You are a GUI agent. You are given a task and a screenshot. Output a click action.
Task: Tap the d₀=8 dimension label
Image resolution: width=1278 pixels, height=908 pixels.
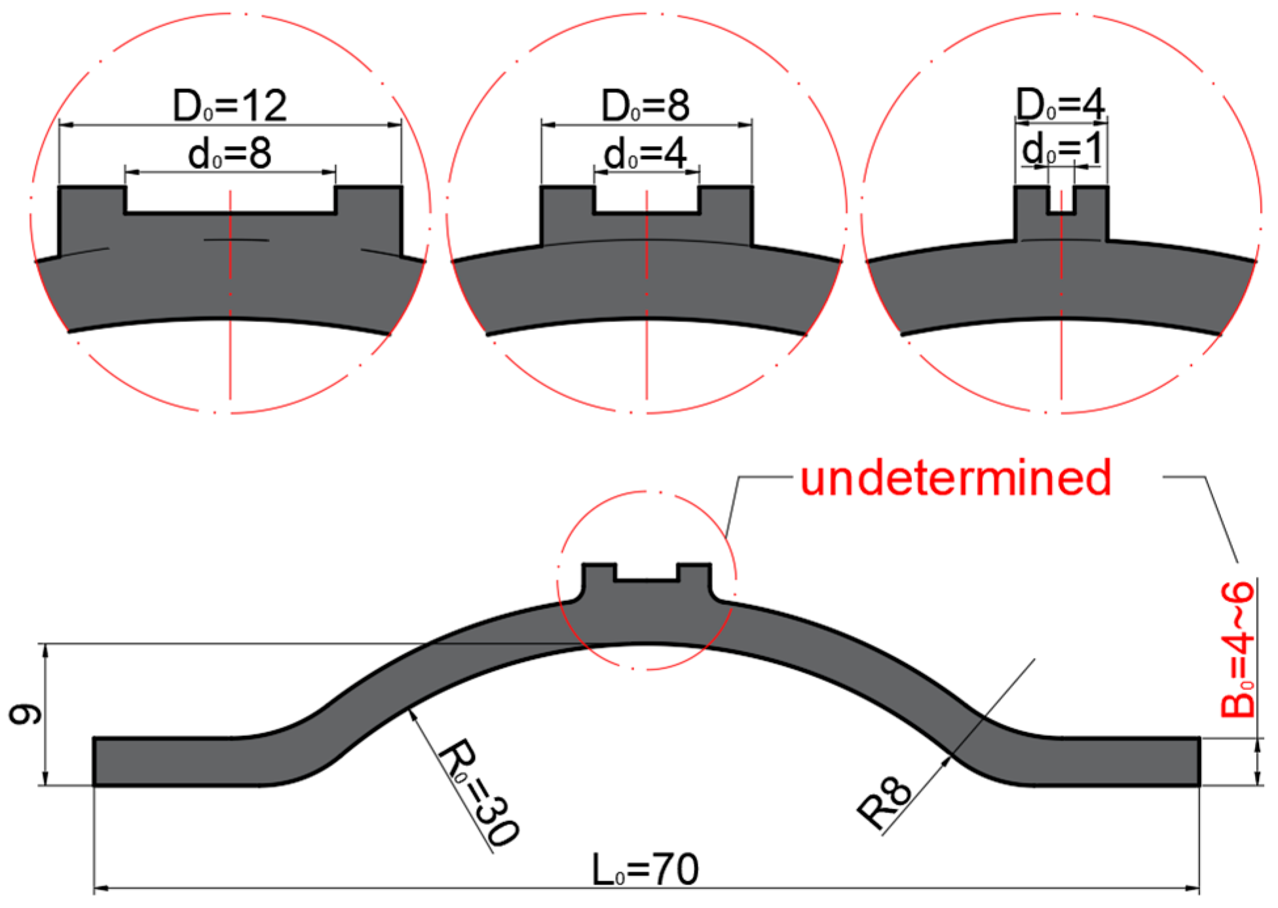[229, 154]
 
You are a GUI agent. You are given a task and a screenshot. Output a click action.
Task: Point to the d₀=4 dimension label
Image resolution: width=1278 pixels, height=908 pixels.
[645, 154]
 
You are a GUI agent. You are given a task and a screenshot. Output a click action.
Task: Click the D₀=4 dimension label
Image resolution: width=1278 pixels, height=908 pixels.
[1060, 103]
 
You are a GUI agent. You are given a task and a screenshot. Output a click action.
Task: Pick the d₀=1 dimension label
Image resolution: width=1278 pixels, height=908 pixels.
[1061, 148]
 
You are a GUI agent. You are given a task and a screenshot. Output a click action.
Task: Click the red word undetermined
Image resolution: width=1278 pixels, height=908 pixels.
[955, 478]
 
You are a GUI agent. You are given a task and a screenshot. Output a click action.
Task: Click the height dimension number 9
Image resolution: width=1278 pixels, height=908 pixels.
[26, 715]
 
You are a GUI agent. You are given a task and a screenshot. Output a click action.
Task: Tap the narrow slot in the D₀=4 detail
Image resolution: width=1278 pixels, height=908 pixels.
[1061, 200]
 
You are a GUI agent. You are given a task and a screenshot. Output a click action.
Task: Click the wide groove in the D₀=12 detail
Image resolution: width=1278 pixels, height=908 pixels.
[230, 199]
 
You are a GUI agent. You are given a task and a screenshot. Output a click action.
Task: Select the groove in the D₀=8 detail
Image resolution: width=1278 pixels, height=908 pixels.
[647, 199]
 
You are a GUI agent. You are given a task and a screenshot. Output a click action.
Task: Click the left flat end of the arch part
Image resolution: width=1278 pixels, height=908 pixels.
[164, 761]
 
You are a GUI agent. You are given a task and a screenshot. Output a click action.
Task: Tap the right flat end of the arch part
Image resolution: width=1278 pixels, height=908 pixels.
[1127, 761]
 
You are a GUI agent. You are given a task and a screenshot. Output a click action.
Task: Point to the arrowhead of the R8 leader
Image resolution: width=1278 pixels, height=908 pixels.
[947, 761]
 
